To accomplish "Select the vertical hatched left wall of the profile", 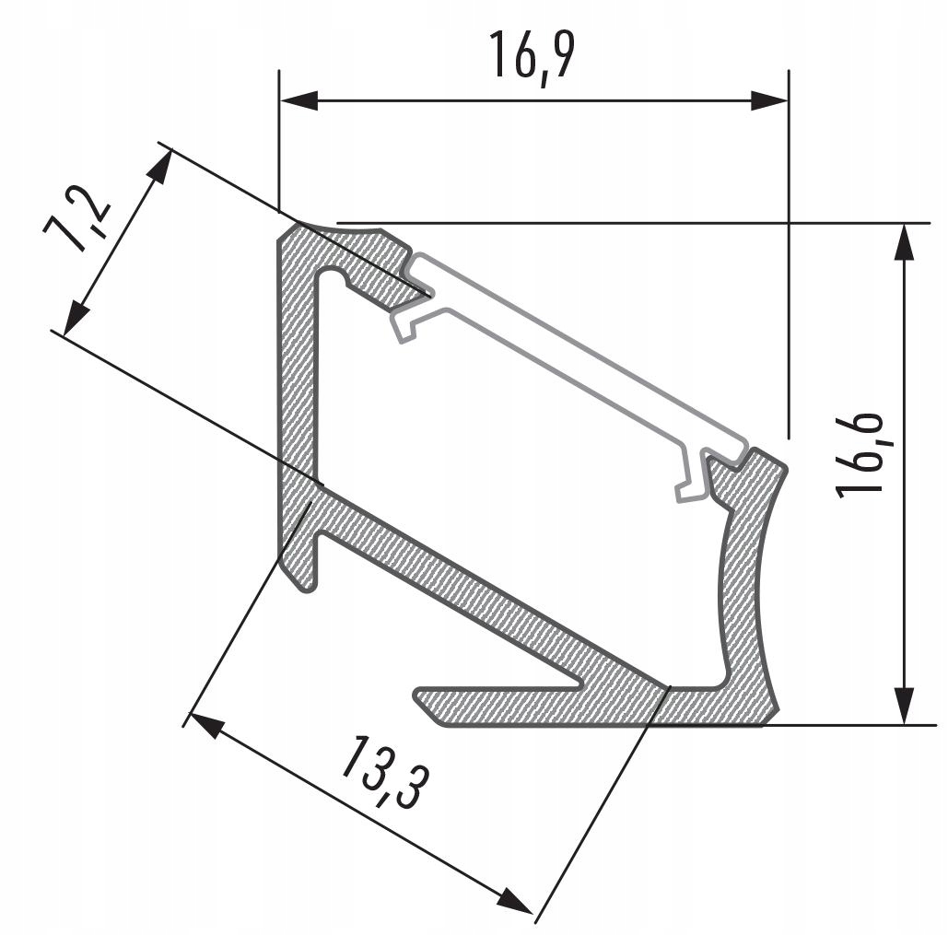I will point(298,368).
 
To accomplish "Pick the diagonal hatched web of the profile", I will point(479,590).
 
